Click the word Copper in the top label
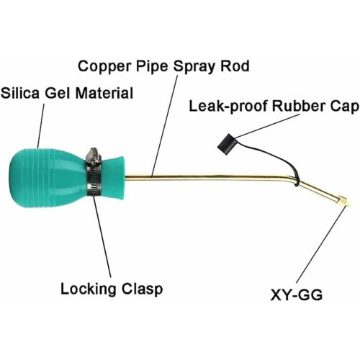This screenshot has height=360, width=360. point(105,67)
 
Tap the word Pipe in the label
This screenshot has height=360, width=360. point(152,67)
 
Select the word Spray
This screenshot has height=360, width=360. point(194,67)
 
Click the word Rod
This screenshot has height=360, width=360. point(235,66)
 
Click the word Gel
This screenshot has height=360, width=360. point(58,93)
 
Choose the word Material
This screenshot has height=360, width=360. point(104,93)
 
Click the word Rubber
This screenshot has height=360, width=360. point(299,106)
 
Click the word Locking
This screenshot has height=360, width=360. point(88,289)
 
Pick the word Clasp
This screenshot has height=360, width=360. point(142,289)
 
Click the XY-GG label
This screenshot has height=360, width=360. point(296,294)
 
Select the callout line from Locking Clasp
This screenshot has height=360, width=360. point(102,238)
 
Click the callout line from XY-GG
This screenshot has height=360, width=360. point(322,244)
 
